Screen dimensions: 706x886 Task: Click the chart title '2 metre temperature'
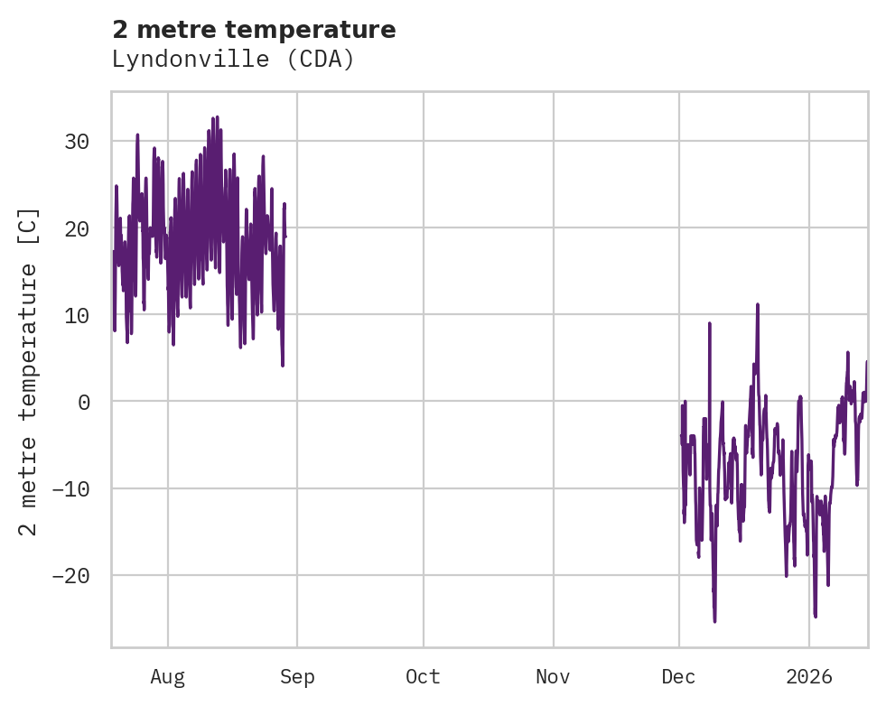tap(254, 30)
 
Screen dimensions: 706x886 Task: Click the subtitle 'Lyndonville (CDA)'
tap(233, 60)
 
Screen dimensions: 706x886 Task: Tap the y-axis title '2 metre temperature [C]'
tap(29, 372)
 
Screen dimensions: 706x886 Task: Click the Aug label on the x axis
tap(167, 676)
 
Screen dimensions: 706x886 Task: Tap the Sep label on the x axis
tap(297, 676)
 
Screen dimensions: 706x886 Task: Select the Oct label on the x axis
tap(423, 676)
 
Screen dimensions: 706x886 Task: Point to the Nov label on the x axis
tap(553, 676)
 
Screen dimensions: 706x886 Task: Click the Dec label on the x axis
tap(678, 676)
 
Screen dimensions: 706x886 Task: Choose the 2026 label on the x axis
tap(808, 676)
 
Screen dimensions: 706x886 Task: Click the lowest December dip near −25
tap(714, 620)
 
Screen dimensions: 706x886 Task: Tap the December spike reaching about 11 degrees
tap(758, 305)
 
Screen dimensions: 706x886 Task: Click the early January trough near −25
tap(816, 616)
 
